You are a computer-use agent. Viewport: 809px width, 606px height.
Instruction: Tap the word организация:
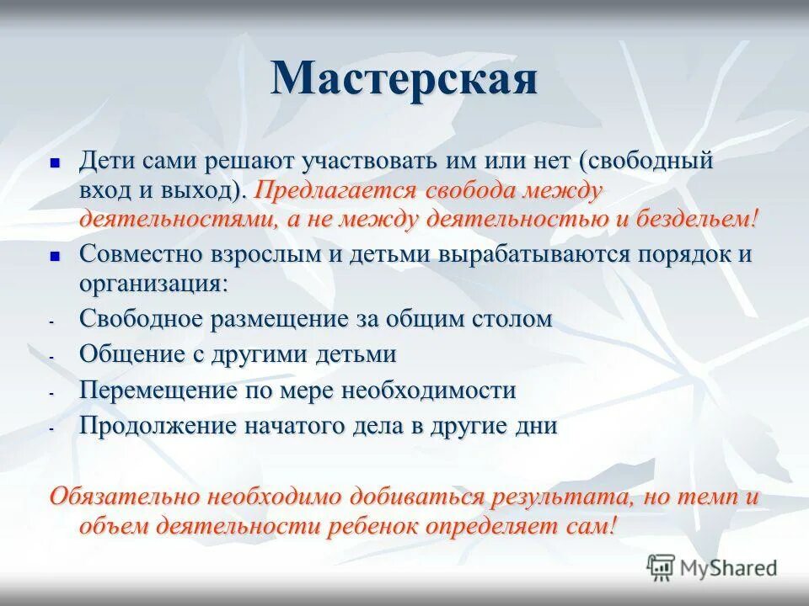pyautogui.click(x=153, y=284)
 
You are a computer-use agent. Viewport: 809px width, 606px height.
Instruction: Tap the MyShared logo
pyautogui.click(x=712, y=566)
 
